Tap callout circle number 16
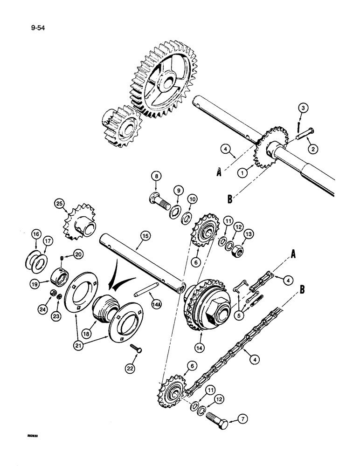click(x=37, y=234)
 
